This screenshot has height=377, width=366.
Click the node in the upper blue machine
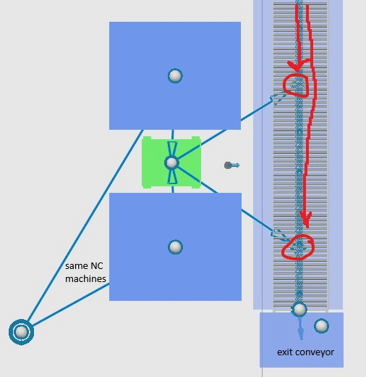pyautogui.click(x=175, y=76)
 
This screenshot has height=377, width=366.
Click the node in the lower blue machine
pyautogui.click(x=175, y=247)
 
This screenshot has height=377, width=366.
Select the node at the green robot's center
pyautogui.click(x=171, y=162)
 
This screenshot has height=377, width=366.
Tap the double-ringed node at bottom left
pyautogui.click(x=21, y=332)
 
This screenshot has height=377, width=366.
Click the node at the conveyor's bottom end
pyautogui.click(x=299, y=309)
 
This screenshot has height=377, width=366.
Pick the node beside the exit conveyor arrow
pyautogui.click(x=321, y=326)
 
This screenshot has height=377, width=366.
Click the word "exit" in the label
pyautogui.click(x=285, y=352)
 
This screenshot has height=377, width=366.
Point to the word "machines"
pyautogui.click(x=85, y=279)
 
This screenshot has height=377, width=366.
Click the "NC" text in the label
pyautogui.click(x=97, y=266)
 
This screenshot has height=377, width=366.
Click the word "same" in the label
pyautogui.click(x=77, y=266)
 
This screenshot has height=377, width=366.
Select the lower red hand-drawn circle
pyautogui.click(x=298, y=246)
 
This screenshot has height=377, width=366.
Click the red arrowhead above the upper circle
pyautogui.click(x=298, y=66)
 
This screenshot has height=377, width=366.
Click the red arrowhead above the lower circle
pyautogui.click(x=306, y=220)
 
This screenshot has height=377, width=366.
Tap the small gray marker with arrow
pyautogui.click(x=231, y=165)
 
